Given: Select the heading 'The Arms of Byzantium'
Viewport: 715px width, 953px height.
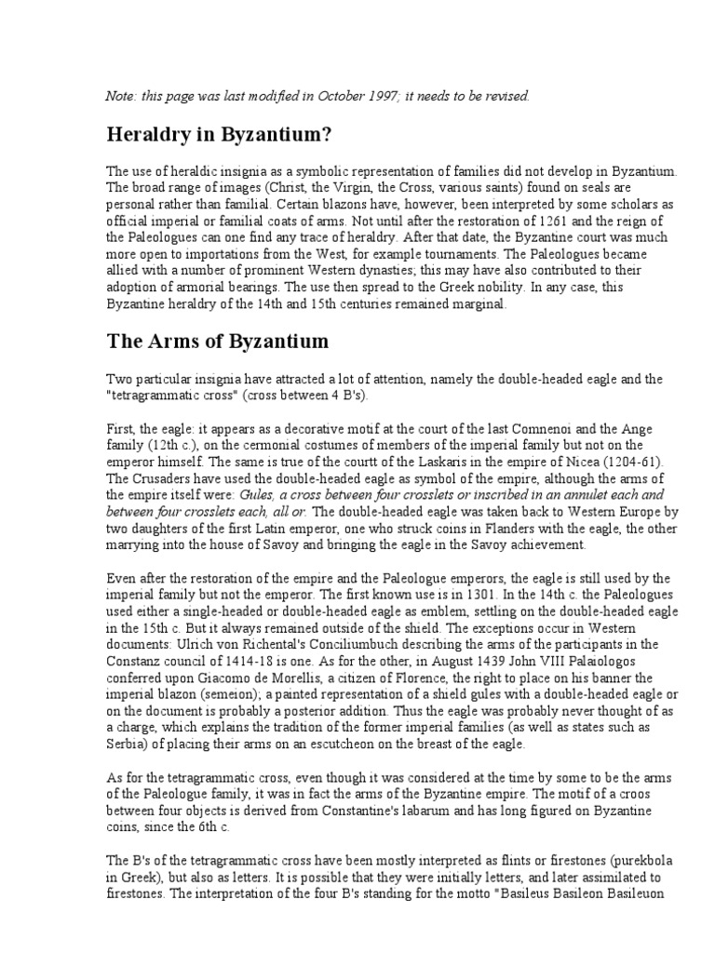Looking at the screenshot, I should pos(218,342).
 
